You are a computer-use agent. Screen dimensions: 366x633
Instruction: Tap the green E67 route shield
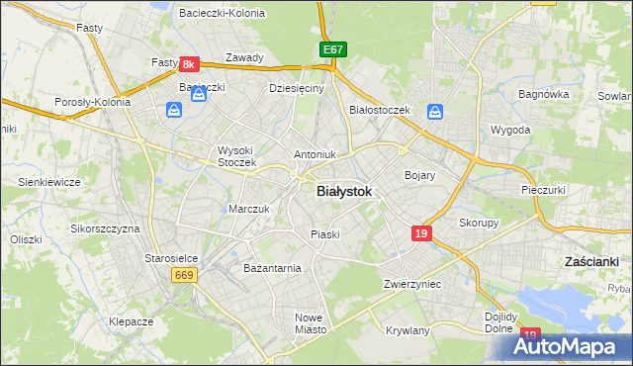[332, 49]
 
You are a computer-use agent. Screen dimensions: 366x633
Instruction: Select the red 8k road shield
[191, 64]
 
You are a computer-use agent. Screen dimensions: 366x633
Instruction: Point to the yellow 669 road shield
[183, 274]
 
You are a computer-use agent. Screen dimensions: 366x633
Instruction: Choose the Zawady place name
[244, 57]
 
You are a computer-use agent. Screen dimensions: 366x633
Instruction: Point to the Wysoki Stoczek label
[237, 155]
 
